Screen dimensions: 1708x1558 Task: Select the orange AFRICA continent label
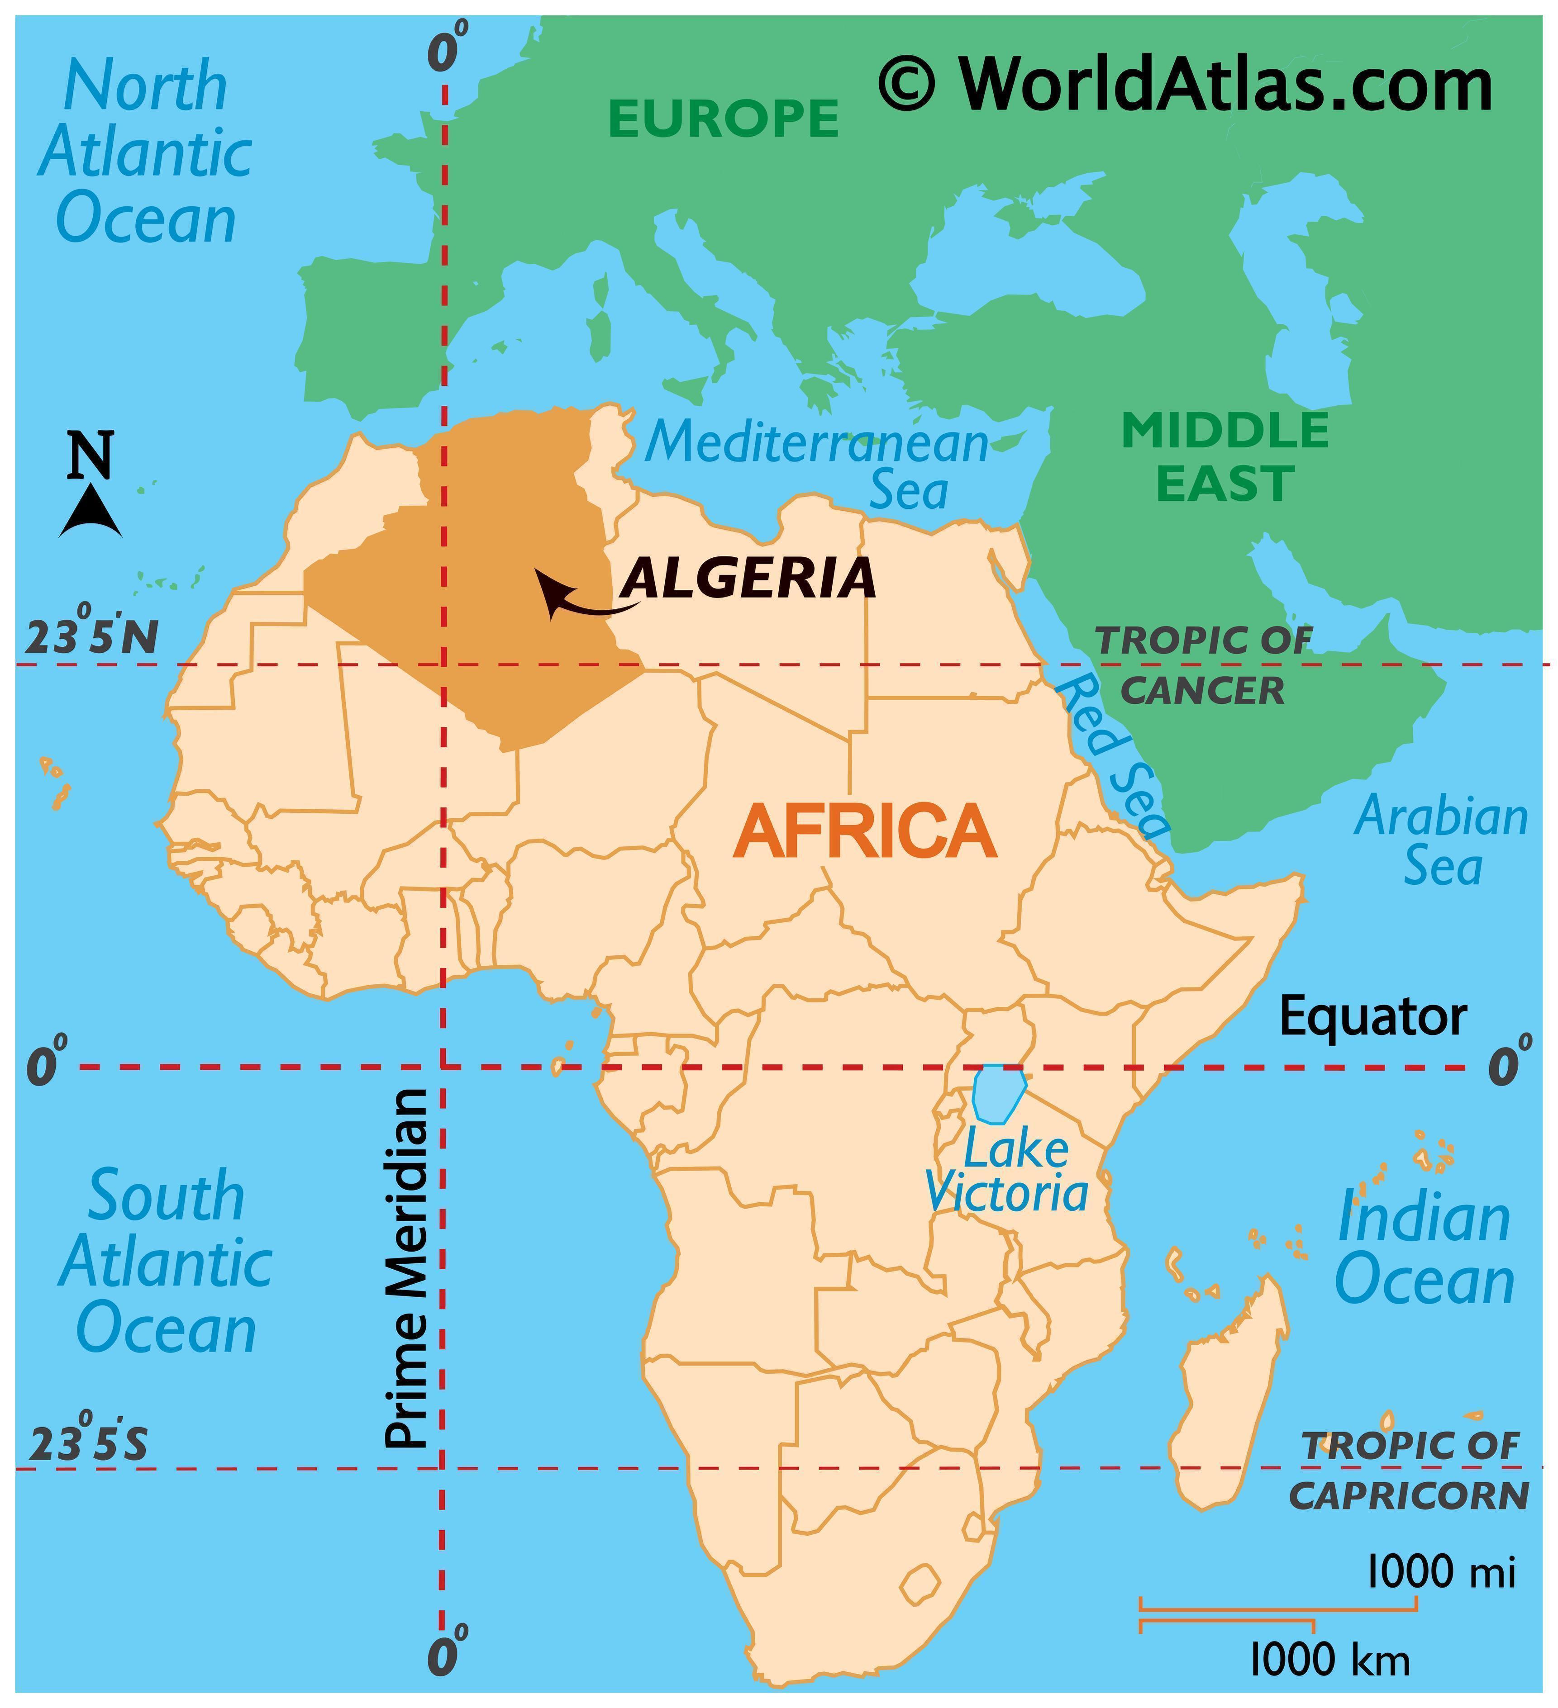point(865,832)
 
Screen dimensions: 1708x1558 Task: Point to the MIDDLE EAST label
point(1225,457)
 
